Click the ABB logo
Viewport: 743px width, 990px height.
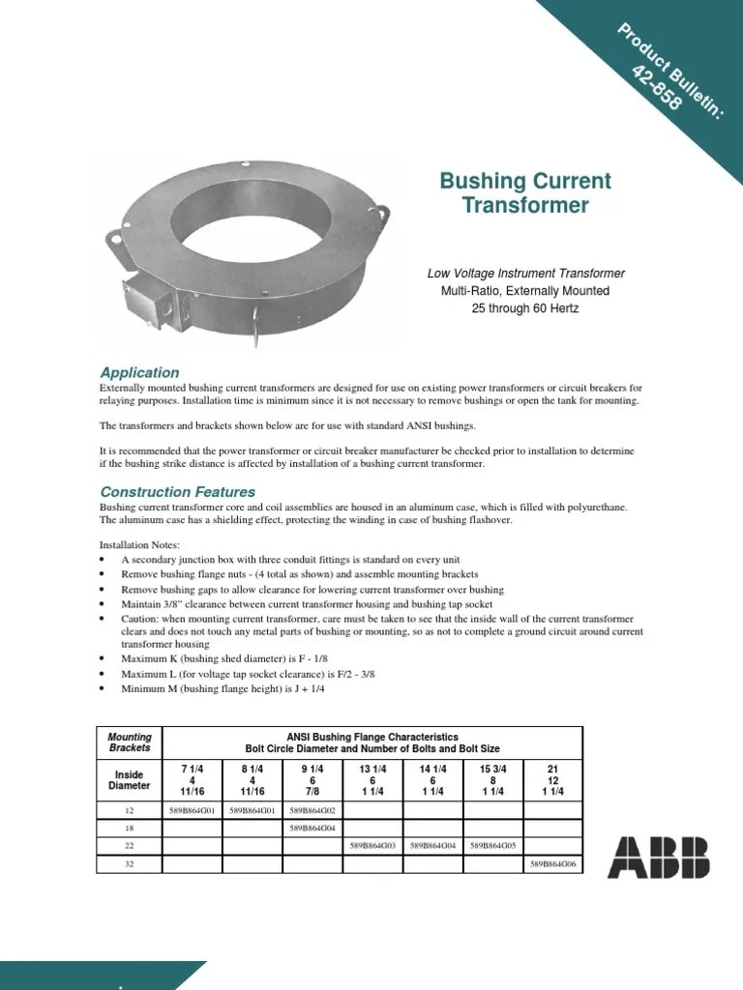pyautogui.click(x=658, y=858)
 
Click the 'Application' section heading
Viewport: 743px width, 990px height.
pyautogui.click(x=140, y=372)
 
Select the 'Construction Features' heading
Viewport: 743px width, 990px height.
pyautogui.click(x=178, y=492)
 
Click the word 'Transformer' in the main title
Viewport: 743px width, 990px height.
pyautogui.click(x=525, y=205)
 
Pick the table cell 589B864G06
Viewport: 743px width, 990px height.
pyautogui.click(x=552, y=863)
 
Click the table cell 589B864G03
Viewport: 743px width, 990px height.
pyautogui.click(x=371, y=845)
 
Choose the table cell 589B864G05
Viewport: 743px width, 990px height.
pyautogui.click(x=492, y=845)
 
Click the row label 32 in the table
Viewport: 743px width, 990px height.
pyautogui.click(x=130, y=863)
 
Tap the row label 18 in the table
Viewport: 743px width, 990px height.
pyautogui.click(x=130, y=828)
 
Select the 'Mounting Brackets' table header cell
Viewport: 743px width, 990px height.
pyautogui.click(x=130, y=742)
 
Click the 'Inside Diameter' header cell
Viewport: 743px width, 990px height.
pyautogui.click(x=130, y=780)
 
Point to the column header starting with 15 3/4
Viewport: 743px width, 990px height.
pyautogui.click(x=492, y=780)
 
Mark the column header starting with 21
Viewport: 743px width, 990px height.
pyautogui.click(x=552, y=780)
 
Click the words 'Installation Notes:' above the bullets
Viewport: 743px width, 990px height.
pyautogui.click(x=140, y=545)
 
